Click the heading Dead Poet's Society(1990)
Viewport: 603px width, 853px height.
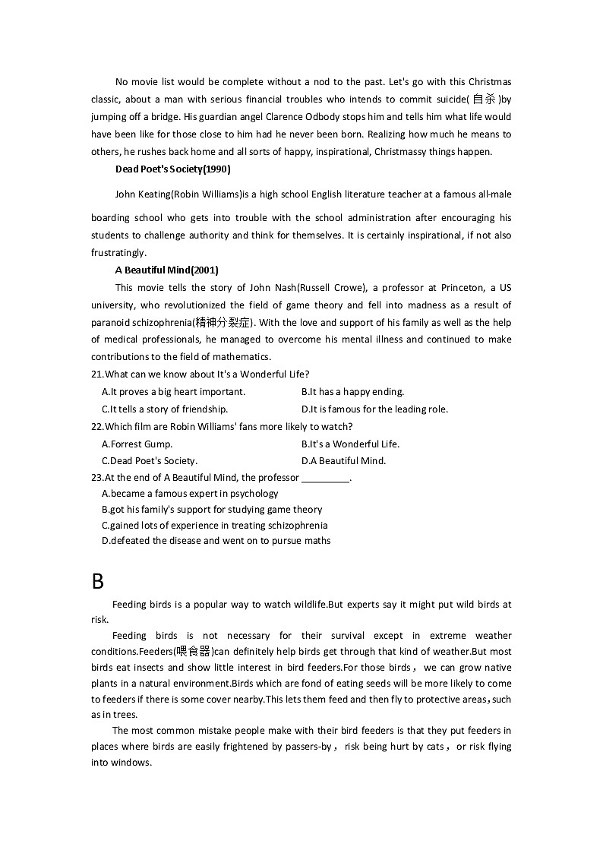(x=172, y=169)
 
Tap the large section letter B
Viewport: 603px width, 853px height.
(x=97, y=581)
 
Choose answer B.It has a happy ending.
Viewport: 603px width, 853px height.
(x=352, y=392)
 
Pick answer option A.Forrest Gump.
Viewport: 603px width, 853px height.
(x=137, y=444)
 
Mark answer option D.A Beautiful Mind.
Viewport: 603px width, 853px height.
(x=343, y=461)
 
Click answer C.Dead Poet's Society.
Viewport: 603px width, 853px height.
(x=150, y=461)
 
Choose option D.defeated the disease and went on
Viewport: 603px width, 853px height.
(x=216, y=541)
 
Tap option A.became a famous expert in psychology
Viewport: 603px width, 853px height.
(x=190, y=494)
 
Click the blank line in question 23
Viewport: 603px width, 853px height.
(x=325, y=479)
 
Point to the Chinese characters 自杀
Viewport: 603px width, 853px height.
(x=484, y=100)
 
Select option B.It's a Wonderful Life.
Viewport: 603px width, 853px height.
(x=350, y=444)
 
